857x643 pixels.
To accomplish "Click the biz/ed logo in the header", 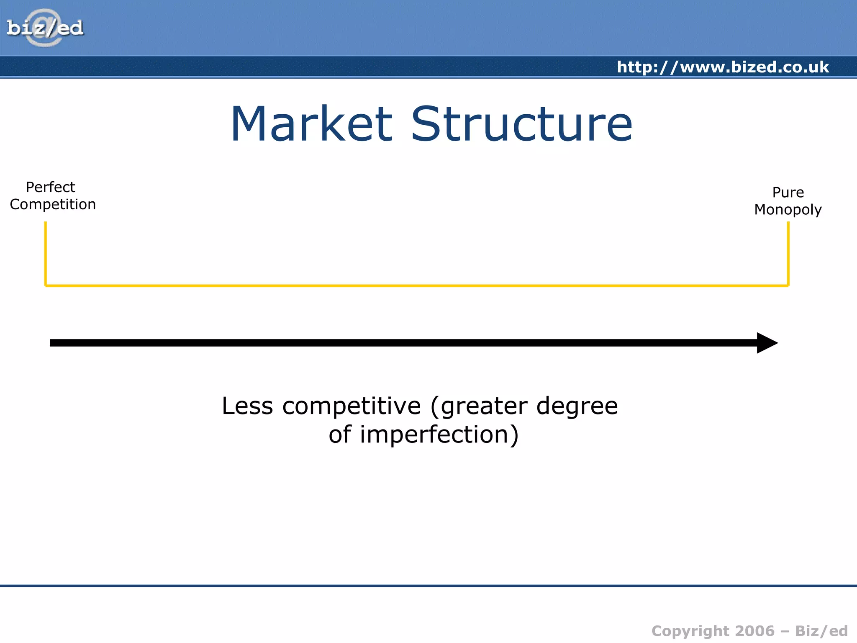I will pos(45,28).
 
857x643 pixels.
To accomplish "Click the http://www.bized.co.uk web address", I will pos(723,67).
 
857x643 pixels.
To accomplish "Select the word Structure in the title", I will pos(521,124).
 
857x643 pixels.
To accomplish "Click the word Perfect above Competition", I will pos(50,187).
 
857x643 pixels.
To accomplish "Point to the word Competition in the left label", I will pos(53,205).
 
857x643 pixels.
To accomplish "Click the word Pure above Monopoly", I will pos(788,192).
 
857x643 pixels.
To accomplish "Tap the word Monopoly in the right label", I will pos(788,210).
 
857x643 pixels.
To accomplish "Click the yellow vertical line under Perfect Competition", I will pos(46,253).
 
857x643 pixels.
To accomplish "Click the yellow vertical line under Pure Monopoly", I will pos(788,253).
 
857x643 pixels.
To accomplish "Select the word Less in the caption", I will pos(247,406).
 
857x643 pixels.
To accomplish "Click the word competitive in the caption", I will pos(352,406).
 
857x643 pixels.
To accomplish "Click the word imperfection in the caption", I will pos(434,435).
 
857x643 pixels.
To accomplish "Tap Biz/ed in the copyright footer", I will pos(821,631).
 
